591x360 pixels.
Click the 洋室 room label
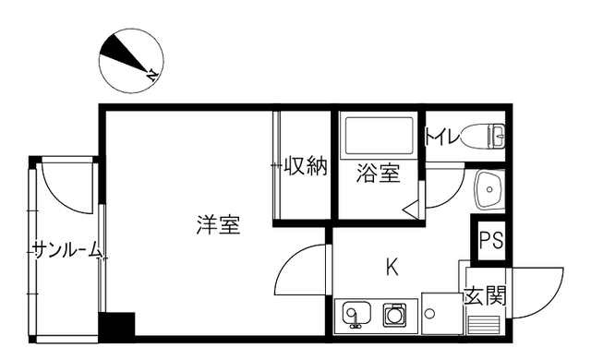click(218, 225)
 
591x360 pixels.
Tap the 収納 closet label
click(305, 165)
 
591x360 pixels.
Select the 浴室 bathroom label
click(378, 174)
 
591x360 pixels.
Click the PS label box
click(491, 239)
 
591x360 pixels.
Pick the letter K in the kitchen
click(392, 267)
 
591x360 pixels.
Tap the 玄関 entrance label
click(484, 295)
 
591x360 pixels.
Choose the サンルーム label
click(67, 250)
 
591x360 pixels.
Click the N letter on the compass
click(152, 75)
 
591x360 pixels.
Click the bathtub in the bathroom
click(377, 138)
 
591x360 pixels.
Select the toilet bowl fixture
click(484, 136)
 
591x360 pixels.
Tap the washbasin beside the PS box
click(489, 189)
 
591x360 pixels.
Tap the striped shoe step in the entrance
click(484, 325)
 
